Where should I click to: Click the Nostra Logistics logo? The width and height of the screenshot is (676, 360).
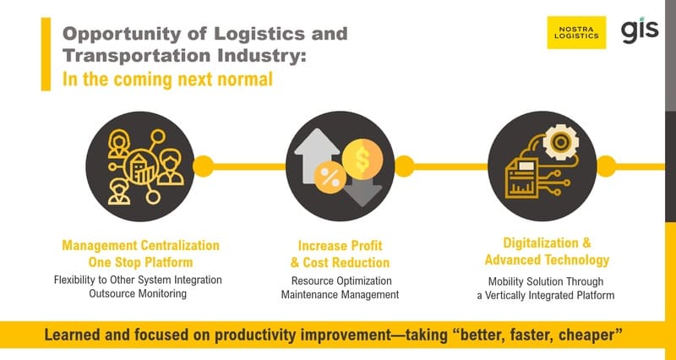coord(576,32)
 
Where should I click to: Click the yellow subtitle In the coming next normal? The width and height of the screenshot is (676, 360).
coord(167,81)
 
